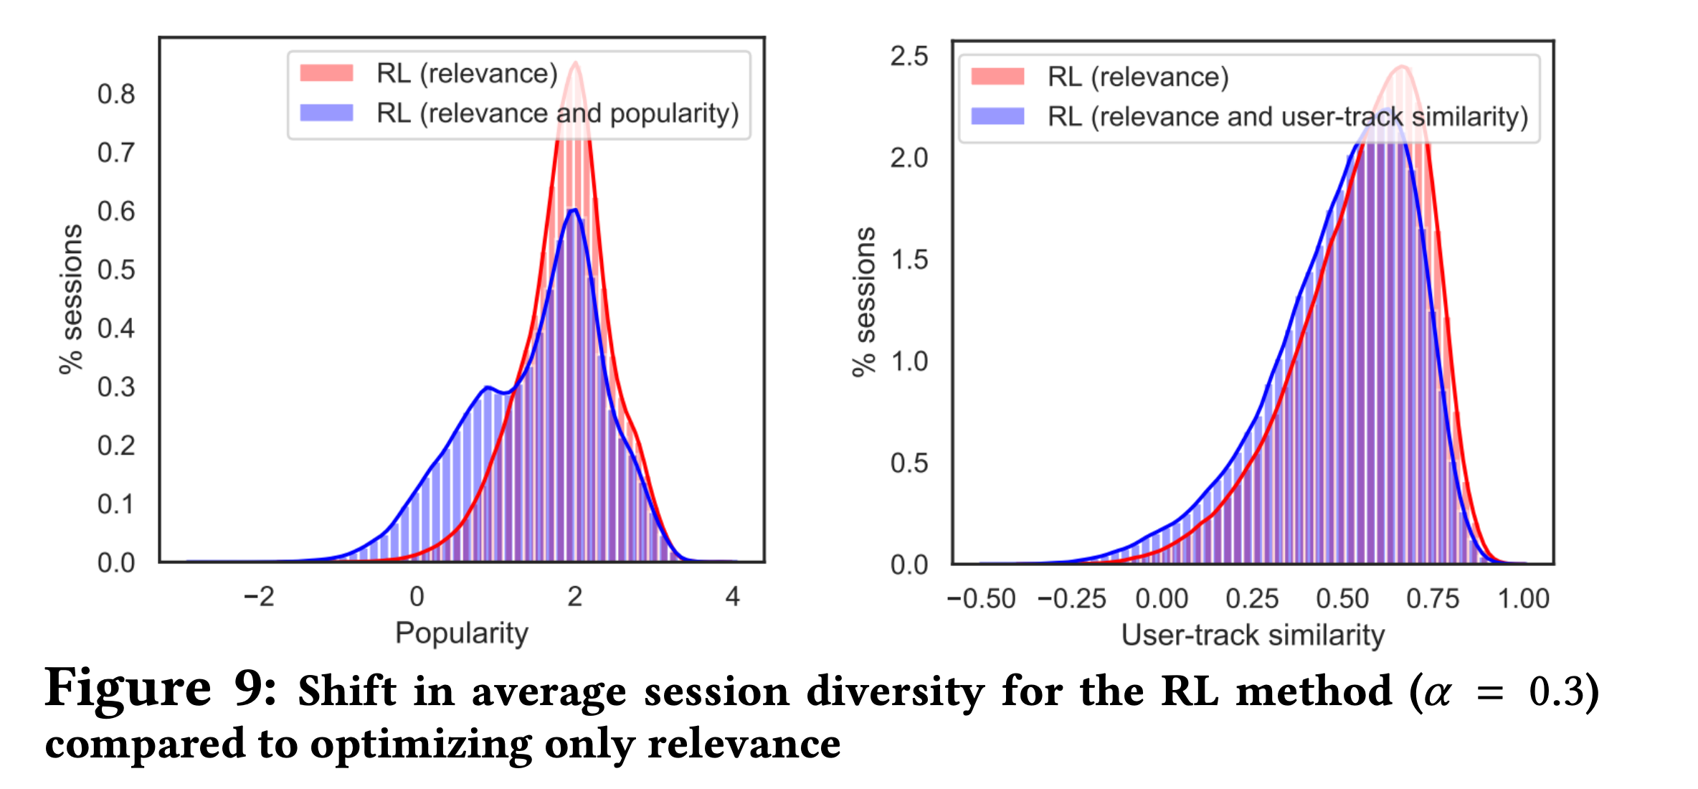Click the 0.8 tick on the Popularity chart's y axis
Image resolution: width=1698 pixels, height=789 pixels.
pyautogui.click(x=116, y=94)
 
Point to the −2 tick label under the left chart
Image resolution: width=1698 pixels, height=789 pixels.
pyautogui.click(x=259, y=597)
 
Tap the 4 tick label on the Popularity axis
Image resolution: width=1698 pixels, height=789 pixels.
pyautogui.click(x=732, y=597)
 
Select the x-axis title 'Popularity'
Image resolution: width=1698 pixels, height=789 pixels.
pyautogui.click(x=462, y=634)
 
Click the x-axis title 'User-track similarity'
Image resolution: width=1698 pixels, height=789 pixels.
pyautogui.click(x=1253, y=636)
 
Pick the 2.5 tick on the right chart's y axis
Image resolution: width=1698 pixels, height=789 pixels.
pyautogui.click(x=909, y=56)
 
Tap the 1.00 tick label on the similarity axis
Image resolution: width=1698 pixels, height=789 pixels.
pyautogui.click(x=1524, y=599)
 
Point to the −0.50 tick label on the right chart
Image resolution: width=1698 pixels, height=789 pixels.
pyautogui.click(x=981, y=599)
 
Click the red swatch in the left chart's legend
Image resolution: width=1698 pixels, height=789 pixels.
pyautogui.click(x=327, y=73)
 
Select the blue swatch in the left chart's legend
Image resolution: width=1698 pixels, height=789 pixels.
pyautogui.click(x=327, y=113)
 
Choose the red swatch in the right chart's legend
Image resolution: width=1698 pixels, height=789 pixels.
pyautogui.click(x=997, y=77)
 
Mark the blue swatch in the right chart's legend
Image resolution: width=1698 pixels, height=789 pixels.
pyautogui.click(x=997, y=116)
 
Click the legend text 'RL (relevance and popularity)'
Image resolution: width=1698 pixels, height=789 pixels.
pyautogui.click(x=558, y=113)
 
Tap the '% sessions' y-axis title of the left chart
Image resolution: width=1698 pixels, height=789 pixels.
pyautogui.click(x=71, y=299)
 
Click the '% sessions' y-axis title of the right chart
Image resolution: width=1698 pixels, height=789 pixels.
pyautogui.click(x=864, y=302)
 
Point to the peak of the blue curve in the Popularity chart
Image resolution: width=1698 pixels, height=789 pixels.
pyautogui.click(x=574, y=209)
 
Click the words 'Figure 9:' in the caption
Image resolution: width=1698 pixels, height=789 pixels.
pyautogui.click(x=161, y=689)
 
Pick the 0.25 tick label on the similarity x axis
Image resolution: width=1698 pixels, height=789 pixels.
pyautogui.click(x=1252, y=599)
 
